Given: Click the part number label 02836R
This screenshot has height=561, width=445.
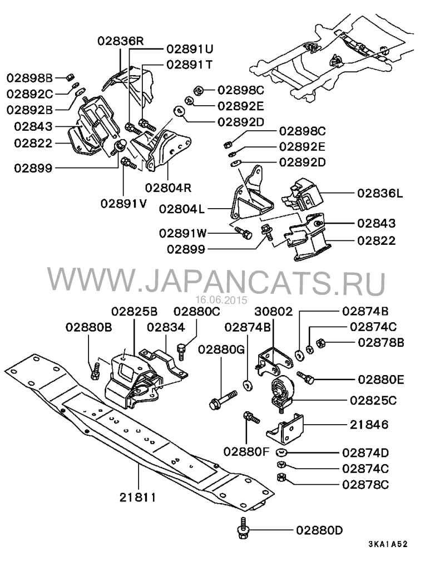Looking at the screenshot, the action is (x=121, y=41).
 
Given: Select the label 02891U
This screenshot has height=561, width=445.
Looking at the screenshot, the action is (x=190, y=48).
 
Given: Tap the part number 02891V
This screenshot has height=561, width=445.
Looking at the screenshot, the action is (x=124, y=204).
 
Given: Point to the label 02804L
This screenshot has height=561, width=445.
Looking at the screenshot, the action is (x=182, y=209).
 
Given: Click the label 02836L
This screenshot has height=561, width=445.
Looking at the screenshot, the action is (x=380, y=193).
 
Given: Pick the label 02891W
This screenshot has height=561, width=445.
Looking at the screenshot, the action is (x=183, y=233).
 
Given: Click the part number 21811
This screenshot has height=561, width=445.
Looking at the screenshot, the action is (x=138, y=498).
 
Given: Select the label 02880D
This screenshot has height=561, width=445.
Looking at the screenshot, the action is (x=319, y=530).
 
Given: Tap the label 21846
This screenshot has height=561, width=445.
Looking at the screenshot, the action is (x=369, y=425).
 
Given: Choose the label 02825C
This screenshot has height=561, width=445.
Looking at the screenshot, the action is (x=373, y=400).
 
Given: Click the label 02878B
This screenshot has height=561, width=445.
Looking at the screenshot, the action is (x=382, y=342).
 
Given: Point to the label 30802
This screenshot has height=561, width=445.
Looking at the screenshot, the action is (x=274, y=311).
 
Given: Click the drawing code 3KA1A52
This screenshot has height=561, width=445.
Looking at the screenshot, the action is (x=388, y=544).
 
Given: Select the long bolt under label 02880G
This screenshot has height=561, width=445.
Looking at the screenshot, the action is (x=222, y=400).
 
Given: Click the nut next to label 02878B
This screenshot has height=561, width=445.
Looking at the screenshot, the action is (x=320, y=343).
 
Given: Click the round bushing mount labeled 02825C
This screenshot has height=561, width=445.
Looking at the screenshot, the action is (x=282, y=392).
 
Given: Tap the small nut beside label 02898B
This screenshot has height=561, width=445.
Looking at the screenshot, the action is (x=71, y=76).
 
